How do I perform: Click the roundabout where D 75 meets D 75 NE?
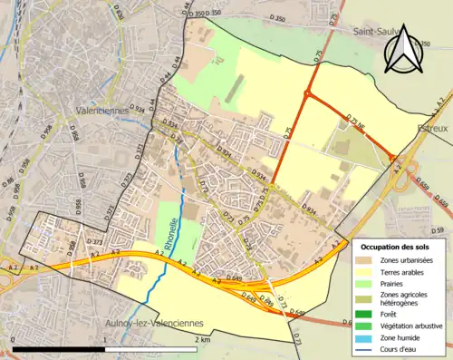(308, 94)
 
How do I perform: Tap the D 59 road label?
(439, 231)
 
